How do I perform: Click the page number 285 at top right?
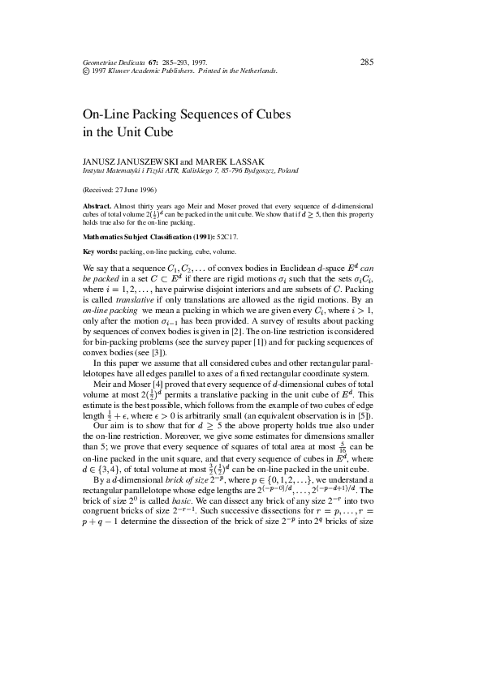click(366, 62)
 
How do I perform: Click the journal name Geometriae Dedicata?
click(113, 62)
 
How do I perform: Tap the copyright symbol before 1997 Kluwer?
click(87, 71)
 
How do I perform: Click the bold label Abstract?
click(97, 207)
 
